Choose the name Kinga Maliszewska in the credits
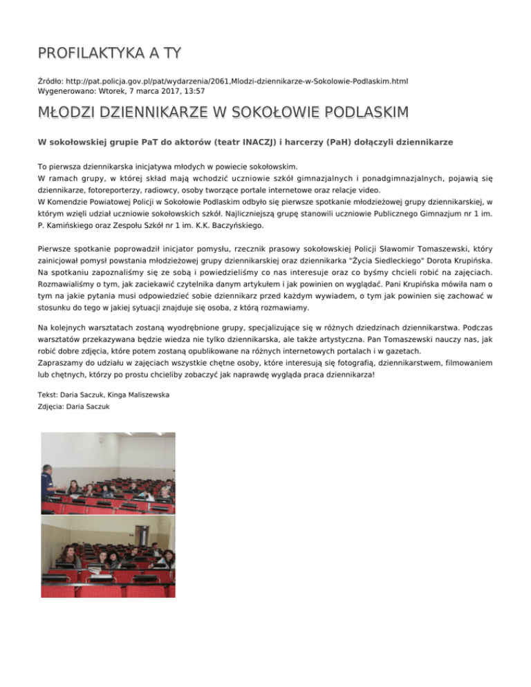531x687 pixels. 132,395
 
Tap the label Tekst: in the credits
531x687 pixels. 49,395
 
